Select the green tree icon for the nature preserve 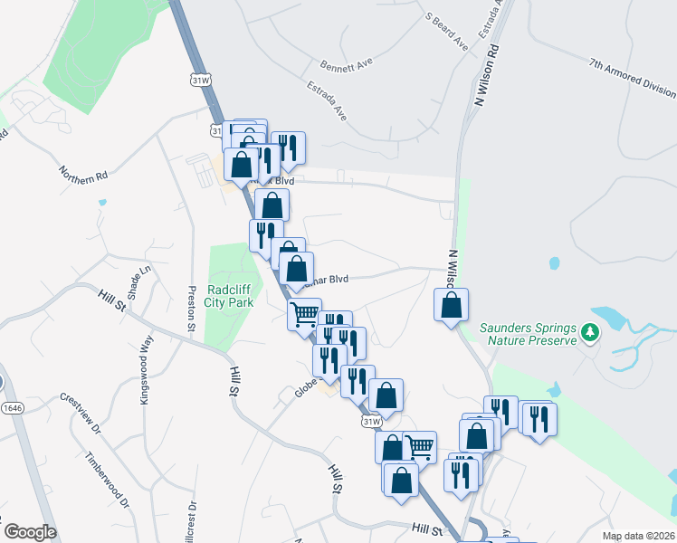[x=590, y=333]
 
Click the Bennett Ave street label [x=347, y=65]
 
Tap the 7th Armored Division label [x=632, y=78]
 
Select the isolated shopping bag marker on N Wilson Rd [x=451, y=306]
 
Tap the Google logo [x=30, y=532]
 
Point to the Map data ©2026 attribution [x=638, y=536]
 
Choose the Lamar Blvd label [x=329, y=279]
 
